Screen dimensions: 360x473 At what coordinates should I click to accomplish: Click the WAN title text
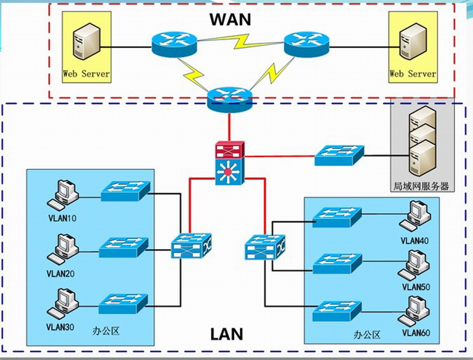point(231,19)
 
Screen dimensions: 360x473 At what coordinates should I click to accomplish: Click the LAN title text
point(226,333)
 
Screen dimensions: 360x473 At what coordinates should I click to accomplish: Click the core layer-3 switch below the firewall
point(230,172)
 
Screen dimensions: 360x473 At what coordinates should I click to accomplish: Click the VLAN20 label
point(61,273)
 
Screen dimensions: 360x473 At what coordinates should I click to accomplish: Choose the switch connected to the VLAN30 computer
point(123,303)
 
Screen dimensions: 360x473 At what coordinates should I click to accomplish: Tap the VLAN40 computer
point(415,217)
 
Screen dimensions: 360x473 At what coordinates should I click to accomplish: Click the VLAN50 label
point(415,287)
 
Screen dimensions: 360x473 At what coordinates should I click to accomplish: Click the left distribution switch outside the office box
point(192,246)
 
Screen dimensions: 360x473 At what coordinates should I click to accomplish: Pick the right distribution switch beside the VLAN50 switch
point(265,247)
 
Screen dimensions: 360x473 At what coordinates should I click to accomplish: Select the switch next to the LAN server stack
point(339,155)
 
